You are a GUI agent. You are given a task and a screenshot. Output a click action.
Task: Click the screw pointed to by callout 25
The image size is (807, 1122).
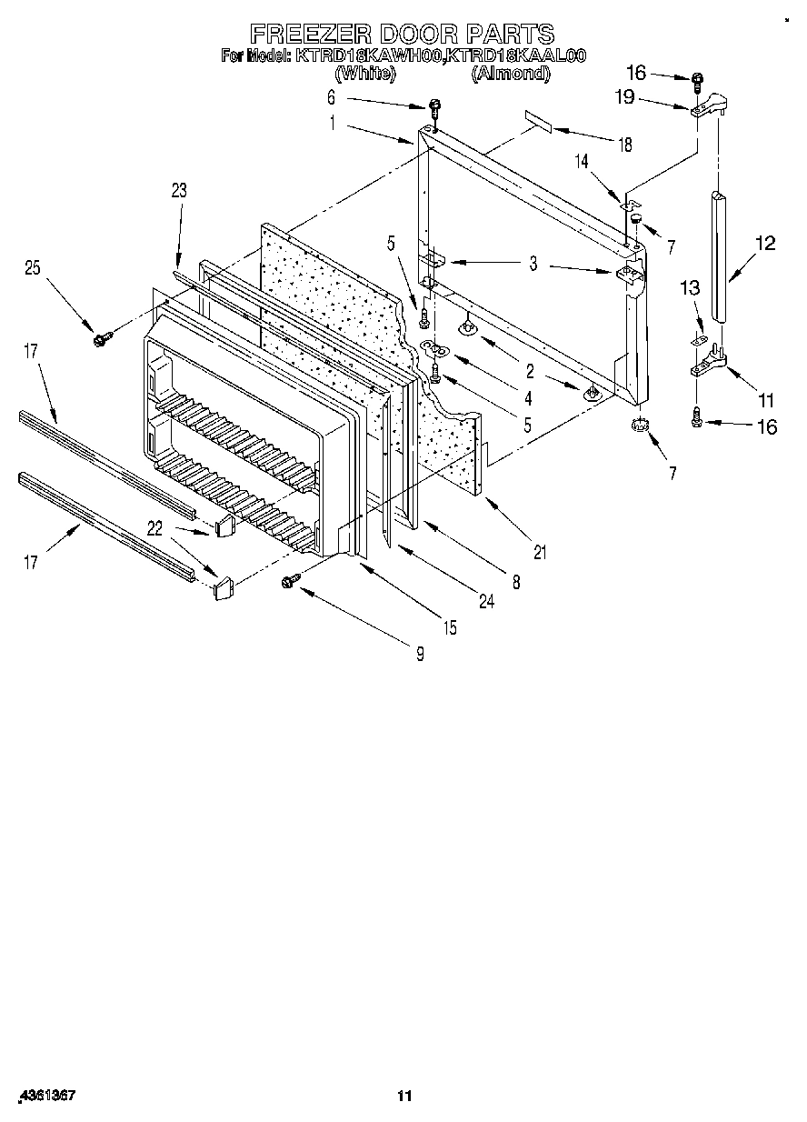click(x=99, y=339)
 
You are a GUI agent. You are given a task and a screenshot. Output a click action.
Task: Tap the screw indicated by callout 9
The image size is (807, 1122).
click(x=293, y=579)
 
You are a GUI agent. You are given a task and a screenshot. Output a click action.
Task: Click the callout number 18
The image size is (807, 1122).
click(x=623, y=145)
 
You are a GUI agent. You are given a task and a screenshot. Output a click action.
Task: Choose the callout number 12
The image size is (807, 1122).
click(x=765, y=243)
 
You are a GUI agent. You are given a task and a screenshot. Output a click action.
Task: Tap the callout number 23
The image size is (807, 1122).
click(x=178, y=190)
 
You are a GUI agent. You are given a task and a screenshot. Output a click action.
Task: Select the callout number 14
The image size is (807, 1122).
click(x=582, y=161)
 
